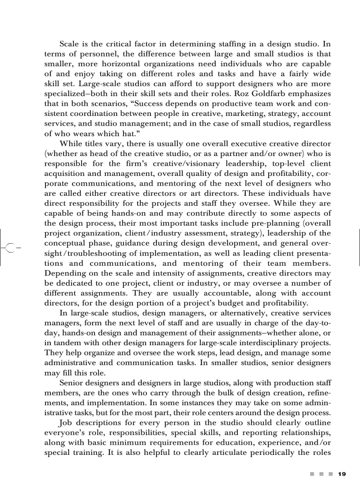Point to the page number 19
341,474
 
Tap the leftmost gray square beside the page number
312,474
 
